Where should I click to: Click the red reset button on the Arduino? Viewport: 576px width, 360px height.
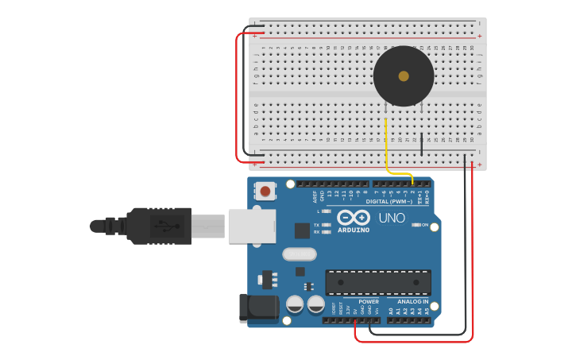(x=265, y=191)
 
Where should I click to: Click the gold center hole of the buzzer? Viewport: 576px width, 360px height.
(x=404, y=76)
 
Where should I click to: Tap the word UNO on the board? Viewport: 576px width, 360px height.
(x=392, y=218)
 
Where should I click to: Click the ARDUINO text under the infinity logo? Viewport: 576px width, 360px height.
(x=354, y=230)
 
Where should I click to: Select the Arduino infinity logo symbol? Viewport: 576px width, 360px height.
(x=354, y=217)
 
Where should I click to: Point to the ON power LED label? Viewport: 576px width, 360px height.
(x=425, y=225)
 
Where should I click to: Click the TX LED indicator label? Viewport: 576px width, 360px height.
(x=316, y=225)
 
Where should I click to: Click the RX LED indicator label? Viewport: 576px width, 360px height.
(x=316, y=232)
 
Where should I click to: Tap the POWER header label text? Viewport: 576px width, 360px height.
(x=369, y=302)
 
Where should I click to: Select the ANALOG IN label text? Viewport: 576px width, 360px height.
(x=413, y=302)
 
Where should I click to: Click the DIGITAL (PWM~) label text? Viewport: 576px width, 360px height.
(x=389, y=201)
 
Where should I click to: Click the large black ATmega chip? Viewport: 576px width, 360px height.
(x=378, y=282)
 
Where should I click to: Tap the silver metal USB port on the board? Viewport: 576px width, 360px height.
(x=252, y=226)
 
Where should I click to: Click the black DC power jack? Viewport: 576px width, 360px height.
(x=258, y=308)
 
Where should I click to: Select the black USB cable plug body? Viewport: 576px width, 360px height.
(x=159, y=226)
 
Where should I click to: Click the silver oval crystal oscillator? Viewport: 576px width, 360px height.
(x=299, y=254)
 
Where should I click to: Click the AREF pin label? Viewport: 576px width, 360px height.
(x=315, y=195)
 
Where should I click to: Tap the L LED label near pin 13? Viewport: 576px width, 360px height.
(x=318, y=211)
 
